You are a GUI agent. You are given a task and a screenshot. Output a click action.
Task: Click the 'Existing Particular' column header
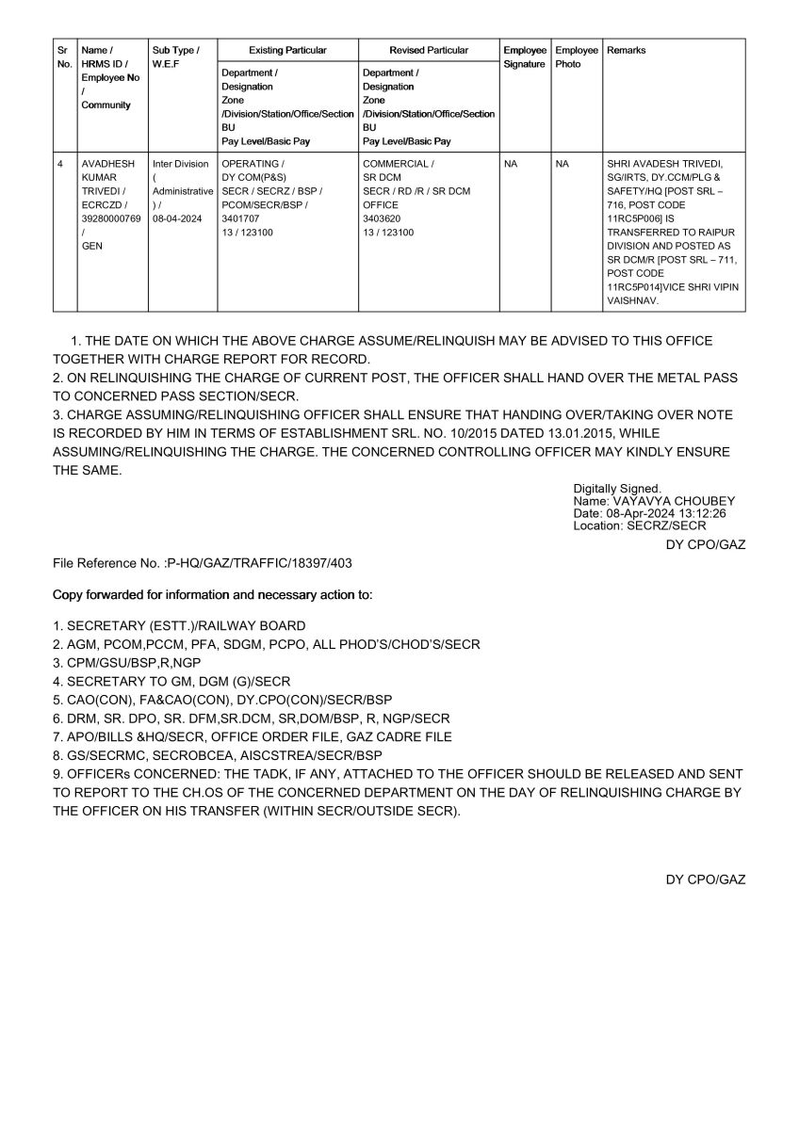[287, 50]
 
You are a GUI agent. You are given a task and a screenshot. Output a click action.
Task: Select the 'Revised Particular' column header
[429, 50]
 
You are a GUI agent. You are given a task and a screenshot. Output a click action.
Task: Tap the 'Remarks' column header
[627, 50]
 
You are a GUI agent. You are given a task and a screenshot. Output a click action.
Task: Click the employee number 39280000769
[111, 218]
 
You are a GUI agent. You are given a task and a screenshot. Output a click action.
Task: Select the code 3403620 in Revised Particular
[382, 218]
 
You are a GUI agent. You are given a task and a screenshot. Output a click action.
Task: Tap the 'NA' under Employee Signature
[511, 164]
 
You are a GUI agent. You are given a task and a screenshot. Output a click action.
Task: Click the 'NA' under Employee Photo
[563, 164]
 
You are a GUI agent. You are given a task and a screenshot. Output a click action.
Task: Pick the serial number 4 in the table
[61, 164]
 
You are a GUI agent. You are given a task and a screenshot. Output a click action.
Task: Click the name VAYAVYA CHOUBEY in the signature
[675, 501]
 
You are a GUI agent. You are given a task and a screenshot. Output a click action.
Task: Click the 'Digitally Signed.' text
[616, 489]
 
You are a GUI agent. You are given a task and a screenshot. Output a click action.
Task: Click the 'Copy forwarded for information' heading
[213, 595]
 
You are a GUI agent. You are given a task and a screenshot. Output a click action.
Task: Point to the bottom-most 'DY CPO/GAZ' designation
[706, 880]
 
